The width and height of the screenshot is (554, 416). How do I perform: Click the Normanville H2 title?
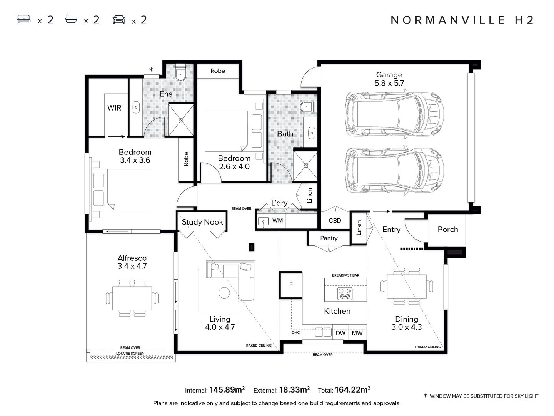click(x=462, y=20)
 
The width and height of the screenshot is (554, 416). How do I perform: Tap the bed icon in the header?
click(x=23, y=19)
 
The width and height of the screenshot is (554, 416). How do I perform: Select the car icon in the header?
click(x=118, y=20)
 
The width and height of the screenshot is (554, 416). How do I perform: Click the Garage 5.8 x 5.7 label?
click(x=389, y=79)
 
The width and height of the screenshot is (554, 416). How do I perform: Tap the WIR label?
click(x=114, y=108)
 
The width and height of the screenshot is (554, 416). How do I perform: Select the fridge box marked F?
click(x=291, y=285)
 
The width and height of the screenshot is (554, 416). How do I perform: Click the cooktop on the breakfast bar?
click(x=345, y=294)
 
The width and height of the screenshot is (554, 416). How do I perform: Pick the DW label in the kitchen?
click(x=340, y=333)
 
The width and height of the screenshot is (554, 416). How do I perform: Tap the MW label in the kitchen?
click(x=357, y=333)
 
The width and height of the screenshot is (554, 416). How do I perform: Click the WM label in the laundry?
click(x=277, y=220)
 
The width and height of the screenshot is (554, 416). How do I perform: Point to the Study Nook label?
click(x=202, y=222)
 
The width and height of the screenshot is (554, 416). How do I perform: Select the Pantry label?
click(x=329, y=238)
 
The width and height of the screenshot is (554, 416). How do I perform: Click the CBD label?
click(x=335, y=221)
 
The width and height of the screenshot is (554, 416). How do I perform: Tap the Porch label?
click(x=448, y=230)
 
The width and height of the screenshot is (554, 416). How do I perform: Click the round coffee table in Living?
click(x=224, y=293)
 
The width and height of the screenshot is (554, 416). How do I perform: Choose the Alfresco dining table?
click(x=132, y=299)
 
